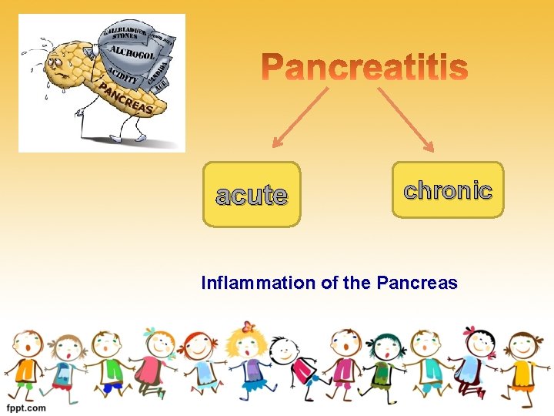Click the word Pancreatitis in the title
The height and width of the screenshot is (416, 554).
tap(364, 69)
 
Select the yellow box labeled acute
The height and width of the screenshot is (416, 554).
tap(252, 194)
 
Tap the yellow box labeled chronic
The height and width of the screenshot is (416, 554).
tap(448, 190)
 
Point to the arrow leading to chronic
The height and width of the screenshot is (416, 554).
tap(405, 116)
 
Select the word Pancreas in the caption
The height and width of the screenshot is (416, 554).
tap(417, 283)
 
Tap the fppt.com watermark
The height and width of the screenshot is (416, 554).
tap(28, 407)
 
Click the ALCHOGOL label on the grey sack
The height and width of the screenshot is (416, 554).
tap(132, 53)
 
